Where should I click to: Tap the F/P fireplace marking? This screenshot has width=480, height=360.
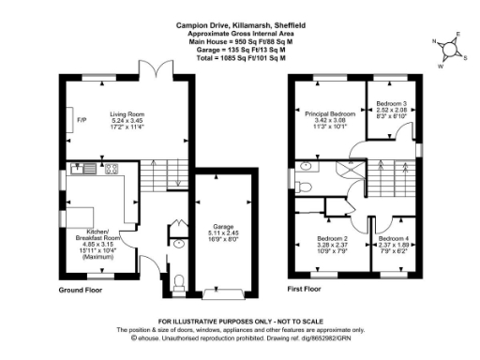[x=82, y=120]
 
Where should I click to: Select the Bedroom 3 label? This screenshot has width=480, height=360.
[x=391, y=109]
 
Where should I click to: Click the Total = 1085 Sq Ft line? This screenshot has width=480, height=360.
[x=239, y=58]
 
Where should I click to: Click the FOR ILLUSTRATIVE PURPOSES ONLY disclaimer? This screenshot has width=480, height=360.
[x=239, y=322]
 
